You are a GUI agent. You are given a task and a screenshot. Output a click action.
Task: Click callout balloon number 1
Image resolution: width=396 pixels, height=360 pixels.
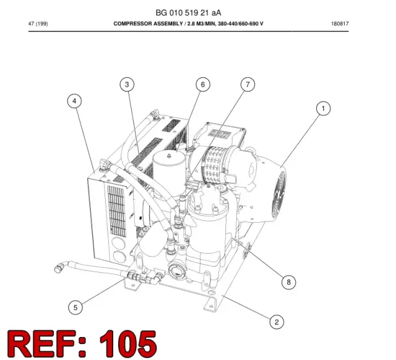[323, 109]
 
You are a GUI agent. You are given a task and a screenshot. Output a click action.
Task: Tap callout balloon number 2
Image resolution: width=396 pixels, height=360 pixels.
[277, 322]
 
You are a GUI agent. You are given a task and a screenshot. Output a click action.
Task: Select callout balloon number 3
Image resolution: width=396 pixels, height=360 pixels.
[127, 84]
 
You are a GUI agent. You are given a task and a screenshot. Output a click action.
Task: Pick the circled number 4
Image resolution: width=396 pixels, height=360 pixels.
[74, 101]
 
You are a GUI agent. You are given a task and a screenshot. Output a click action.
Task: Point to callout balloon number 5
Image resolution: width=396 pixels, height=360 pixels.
[75, 307]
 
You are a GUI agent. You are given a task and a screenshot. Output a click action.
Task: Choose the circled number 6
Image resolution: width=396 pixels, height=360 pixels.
[203, 84]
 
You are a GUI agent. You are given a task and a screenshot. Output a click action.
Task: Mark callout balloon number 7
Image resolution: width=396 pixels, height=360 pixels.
[247, 84]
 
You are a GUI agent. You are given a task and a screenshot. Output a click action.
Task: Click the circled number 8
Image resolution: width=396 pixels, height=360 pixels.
[289, 282]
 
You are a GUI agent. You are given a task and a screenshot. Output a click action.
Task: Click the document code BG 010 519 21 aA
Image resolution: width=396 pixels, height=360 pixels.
[188, 12]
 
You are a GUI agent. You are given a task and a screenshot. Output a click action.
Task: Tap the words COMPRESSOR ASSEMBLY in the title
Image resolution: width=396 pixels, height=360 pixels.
[148, 24]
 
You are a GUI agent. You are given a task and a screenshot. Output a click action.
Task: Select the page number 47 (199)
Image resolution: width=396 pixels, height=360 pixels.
[38, 24]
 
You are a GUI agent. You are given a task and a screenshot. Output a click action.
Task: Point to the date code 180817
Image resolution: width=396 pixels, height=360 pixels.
[340, 24]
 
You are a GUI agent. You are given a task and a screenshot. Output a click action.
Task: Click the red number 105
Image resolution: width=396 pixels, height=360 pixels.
[128, 344]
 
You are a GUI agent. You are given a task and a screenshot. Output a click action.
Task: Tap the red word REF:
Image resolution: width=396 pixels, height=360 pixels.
[47, 344]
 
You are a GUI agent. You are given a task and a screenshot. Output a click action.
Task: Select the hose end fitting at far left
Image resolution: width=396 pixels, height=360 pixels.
[61, 267]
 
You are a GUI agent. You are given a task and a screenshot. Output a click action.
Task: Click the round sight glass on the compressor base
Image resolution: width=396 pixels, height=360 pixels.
[176, 271]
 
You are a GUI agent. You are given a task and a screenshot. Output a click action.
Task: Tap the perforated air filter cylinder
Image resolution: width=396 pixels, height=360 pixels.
[214, 164]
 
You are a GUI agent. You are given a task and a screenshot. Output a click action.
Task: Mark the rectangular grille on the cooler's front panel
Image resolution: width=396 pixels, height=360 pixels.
[116, 212]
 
